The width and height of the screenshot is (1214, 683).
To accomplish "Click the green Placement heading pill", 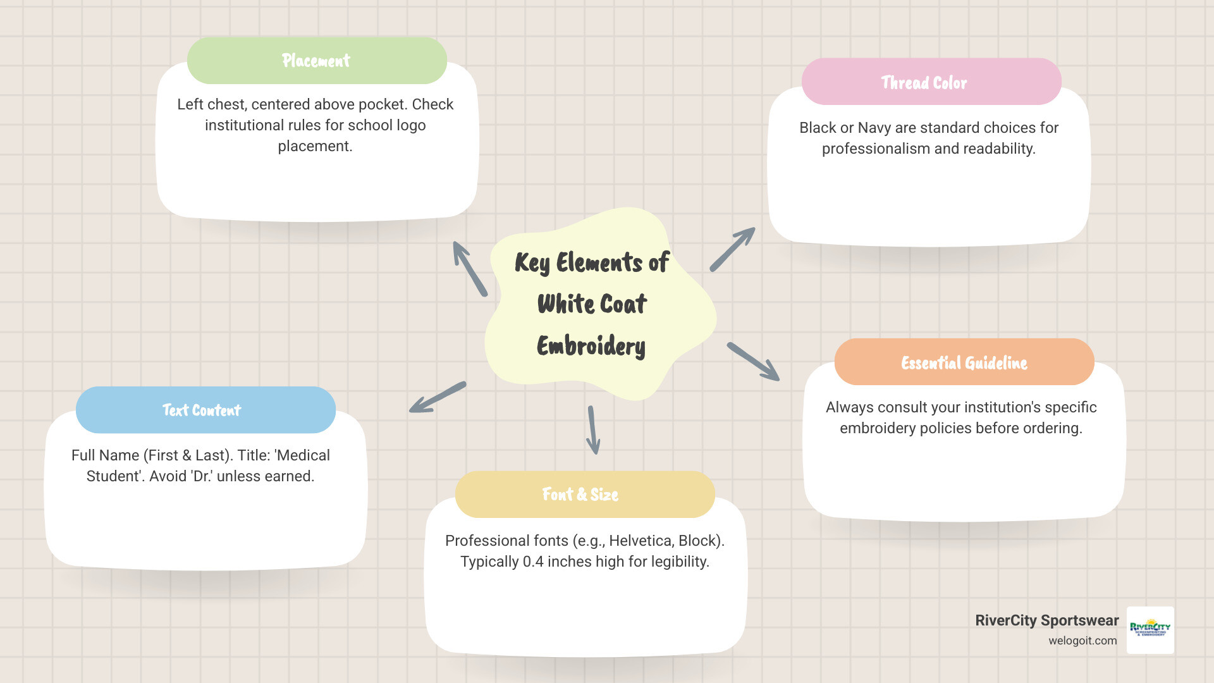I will tap(317, 61).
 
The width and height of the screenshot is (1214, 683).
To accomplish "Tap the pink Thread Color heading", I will tap(931, 82).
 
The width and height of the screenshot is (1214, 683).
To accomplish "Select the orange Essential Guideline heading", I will tap(964, 362).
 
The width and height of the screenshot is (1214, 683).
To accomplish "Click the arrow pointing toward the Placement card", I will tap(469, 268).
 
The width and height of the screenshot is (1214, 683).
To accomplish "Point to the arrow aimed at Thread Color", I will tap(732, 249).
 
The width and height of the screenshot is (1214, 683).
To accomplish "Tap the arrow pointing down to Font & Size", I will tap(593, 430).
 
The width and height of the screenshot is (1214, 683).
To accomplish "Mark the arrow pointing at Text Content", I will tap(438, 397).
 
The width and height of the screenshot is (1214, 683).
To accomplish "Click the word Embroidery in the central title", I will tap(591, 346).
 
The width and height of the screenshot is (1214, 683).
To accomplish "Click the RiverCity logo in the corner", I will tap(1150, 629).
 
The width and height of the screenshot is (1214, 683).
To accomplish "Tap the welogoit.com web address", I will tap(1082, 641).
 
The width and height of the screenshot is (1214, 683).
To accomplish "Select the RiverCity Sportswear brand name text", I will tap(1046, 620).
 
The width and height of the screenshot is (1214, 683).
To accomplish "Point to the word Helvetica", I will tap(640, 541).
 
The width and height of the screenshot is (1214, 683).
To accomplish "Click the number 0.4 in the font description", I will tap(533, 562).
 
